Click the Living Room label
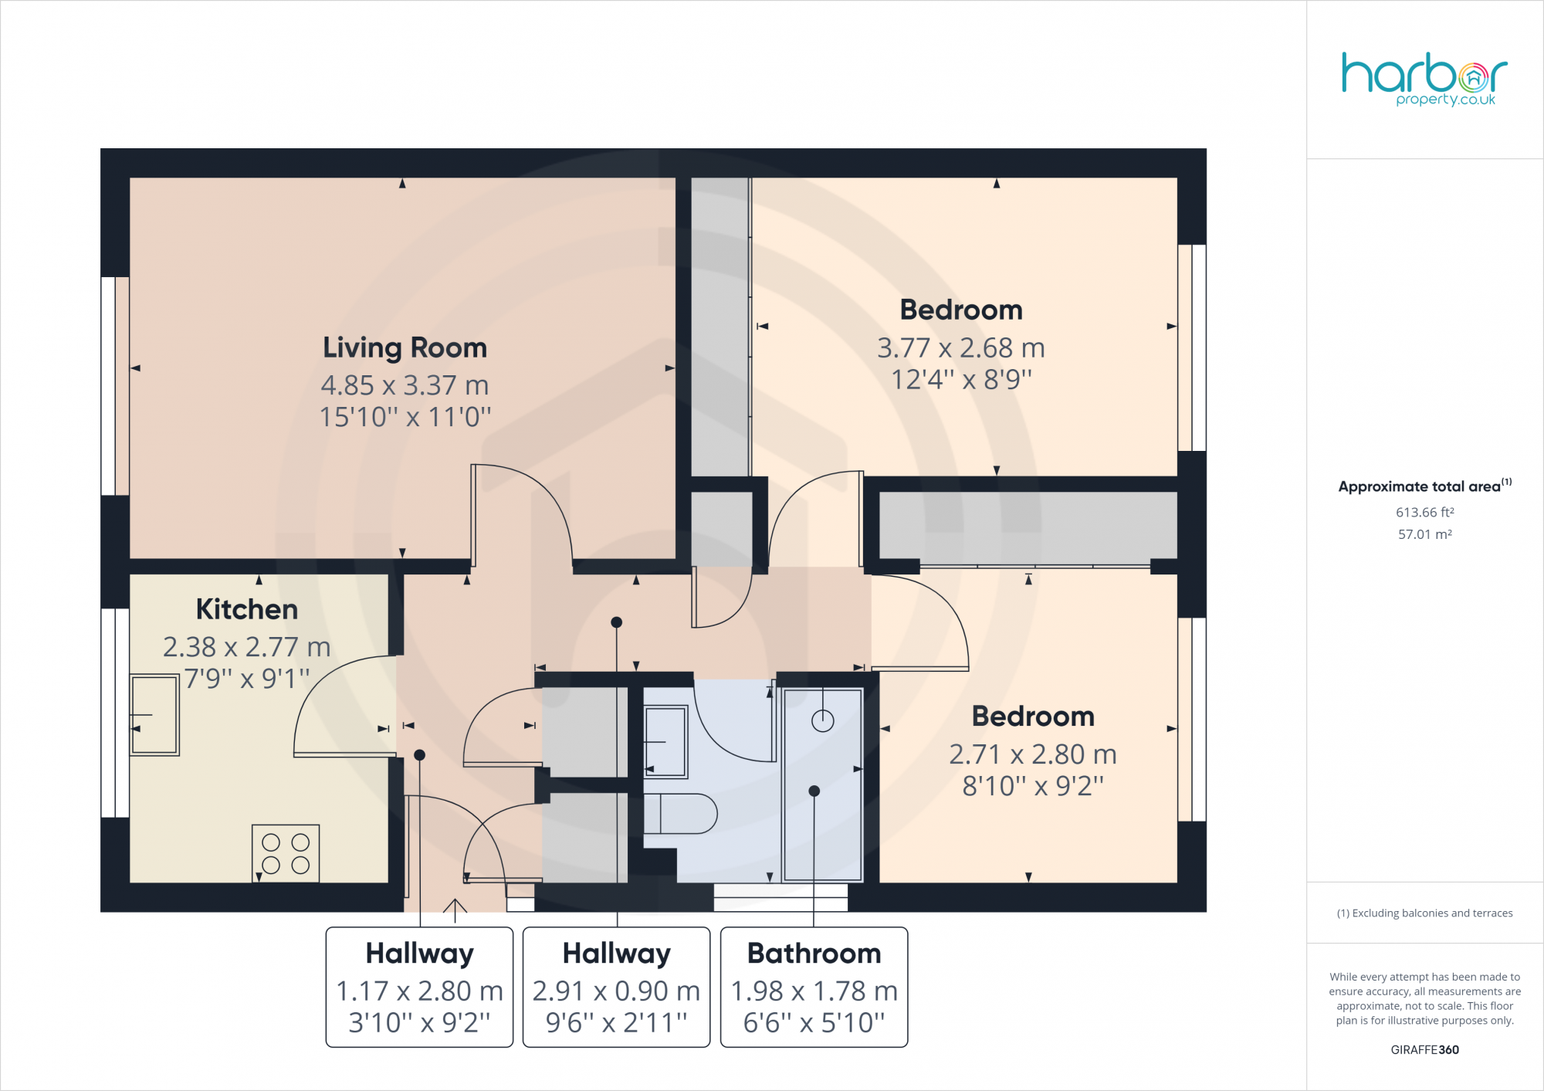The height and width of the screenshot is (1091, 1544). (x=405, y=348)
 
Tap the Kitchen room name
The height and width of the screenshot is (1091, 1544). (x=246, y=609)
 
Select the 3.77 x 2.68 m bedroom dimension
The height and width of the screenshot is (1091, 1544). (x=960, y=348)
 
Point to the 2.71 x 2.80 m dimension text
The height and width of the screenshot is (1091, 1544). (x=1032, y=754)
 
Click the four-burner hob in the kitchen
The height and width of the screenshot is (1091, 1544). (x=286, y=853)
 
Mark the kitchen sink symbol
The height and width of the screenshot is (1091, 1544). (x=154, y=714)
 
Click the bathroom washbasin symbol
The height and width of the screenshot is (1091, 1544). (x=665, y=741)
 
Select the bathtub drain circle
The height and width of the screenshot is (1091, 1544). (x=823, y=721)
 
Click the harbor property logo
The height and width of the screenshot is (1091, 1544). (x=1424, y=78)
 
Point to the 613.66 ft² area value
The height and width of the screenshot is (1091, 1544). (x=1424, y=513)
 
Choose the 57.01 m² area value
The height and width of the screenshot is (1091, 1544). (x=1424, y=534)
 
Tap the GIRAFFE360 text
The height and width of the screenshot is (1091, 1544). (x=1424, y=1049)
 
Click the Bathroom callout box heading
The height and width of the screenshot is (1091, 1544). (x=814, y=954)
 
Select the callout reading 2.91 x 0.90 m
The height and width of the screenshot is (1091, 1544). (x=616, y=991)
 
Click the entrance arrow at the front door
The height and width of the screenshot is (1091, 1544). (x=455, y=910)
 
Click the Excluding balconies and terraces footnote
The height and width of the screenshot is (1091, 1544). (x=1424, y=913)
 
